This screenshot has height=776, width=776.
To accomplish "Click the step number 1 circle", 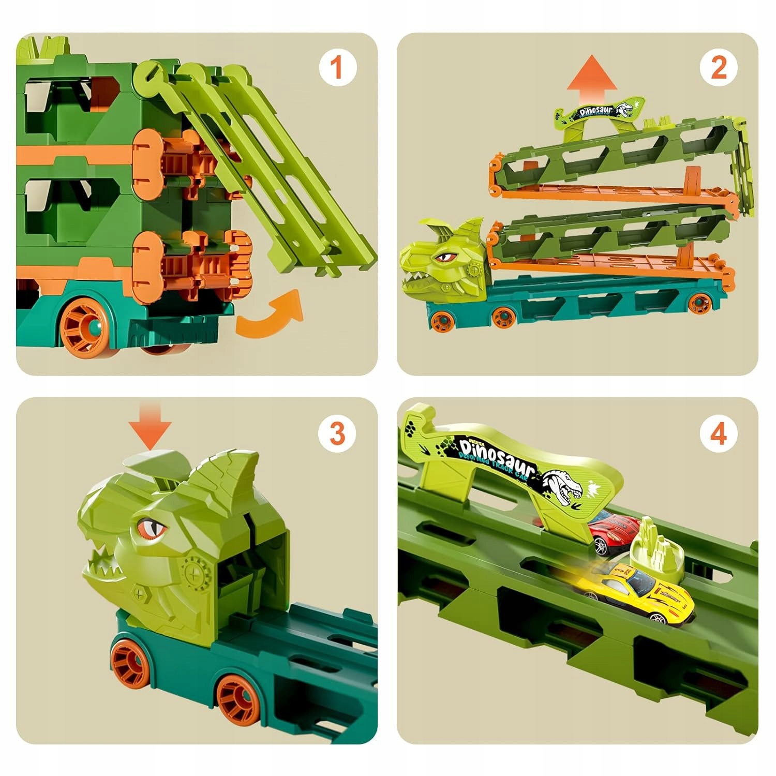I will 336,68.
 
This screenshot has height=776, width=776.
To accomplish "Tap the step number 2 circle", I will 718,68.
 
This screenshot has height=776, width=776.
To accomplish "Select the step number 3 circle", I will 336,432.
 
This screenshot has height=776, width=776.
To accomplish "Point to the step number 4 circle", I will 718,432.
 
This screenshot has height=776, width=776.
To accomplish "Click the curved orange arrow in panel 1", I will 272,315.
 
